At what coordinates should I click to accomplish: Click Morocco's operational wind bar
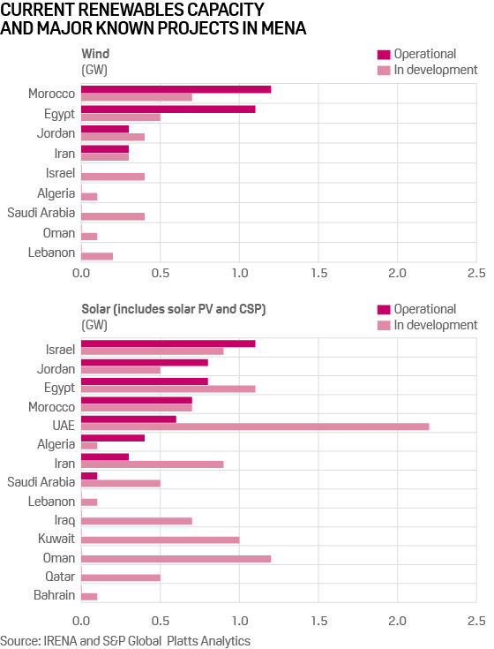point(176,89)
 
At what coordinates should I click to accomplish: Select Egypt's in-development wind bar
point(121,117)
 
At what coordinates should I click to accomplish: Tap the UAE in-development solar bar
point(255,426)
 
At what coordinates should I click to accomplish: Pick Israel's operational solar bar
point(168,343)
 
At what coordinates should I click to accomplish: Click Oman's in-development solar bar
point(176,559)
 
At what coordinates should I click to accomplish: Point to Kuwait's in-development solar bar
point(160,539)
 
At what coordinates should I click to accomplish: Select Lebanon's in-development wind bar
point(97,256)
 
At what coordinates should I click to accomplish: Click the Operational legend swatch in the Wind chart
point(384,54)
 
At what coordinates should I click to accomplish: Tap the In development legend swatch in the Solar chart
point(384,325)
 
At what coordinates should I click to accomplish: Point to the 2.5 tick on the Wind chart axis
point(476,275)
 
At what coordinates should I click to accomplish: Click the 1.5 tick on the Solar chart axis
point(318,619)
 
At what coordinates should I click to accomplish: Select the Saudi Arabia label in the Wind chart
point(41,212)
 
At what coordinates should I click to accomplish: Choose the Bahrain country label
point(54,595)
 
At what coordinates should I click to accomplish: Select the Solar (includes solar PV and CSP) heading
point(173,309)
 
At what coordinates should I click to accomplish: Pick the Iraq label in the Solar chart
point(64,518)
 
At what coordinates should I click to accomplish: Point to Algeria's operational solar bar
point(113,437)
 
